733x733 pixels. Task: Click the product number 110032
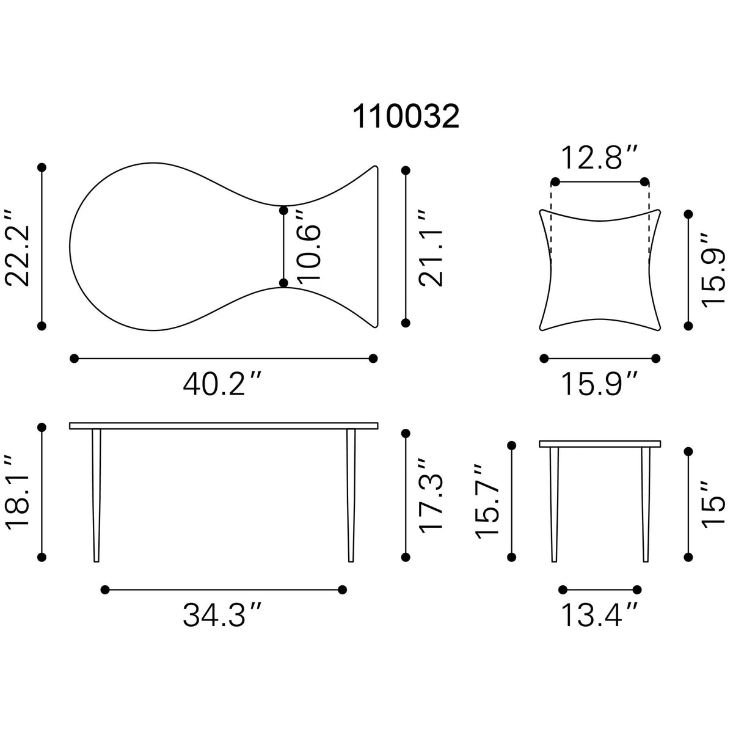406,117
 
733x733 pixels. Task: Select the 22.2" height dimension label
17,247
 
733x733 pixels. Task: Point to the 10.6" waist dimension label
308,247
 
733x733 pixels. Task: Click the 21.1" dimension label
431,247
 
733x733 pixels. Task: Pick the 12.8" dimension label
599,158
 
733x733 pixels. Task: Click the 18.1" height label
17,492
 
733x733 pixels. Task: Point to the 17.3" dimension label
431,494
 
